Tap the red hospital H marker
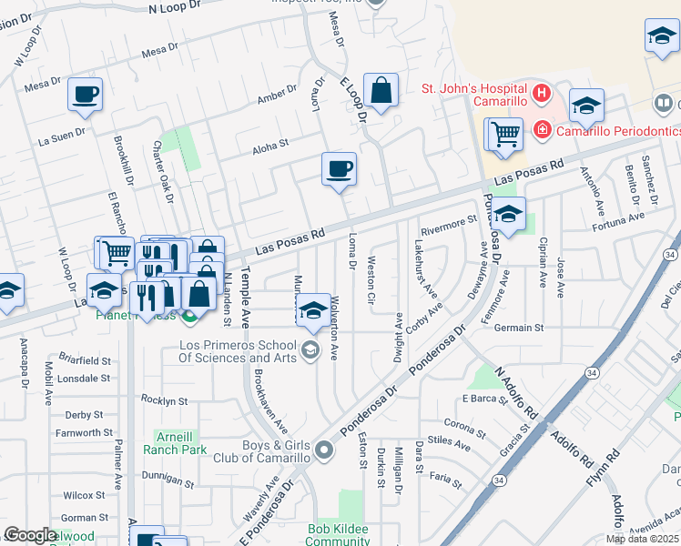(x=542, y=92)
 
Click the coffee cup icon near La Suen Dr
(x=85, y=94)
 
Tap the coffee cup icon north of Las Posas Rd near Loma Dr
(x=339, y=168)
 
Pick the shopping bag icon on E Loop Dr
(x=381, y=90)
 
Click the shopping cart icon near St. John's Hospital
(x=504, y=135)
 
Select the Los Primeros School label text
(x=239, y=351)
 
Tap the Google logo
(x=30, y=535)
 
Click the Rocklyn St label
(x=165, y=400)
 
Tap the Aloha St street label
(x=270, y=144)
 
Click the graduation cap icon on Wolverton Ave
(x=313, y=310)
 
